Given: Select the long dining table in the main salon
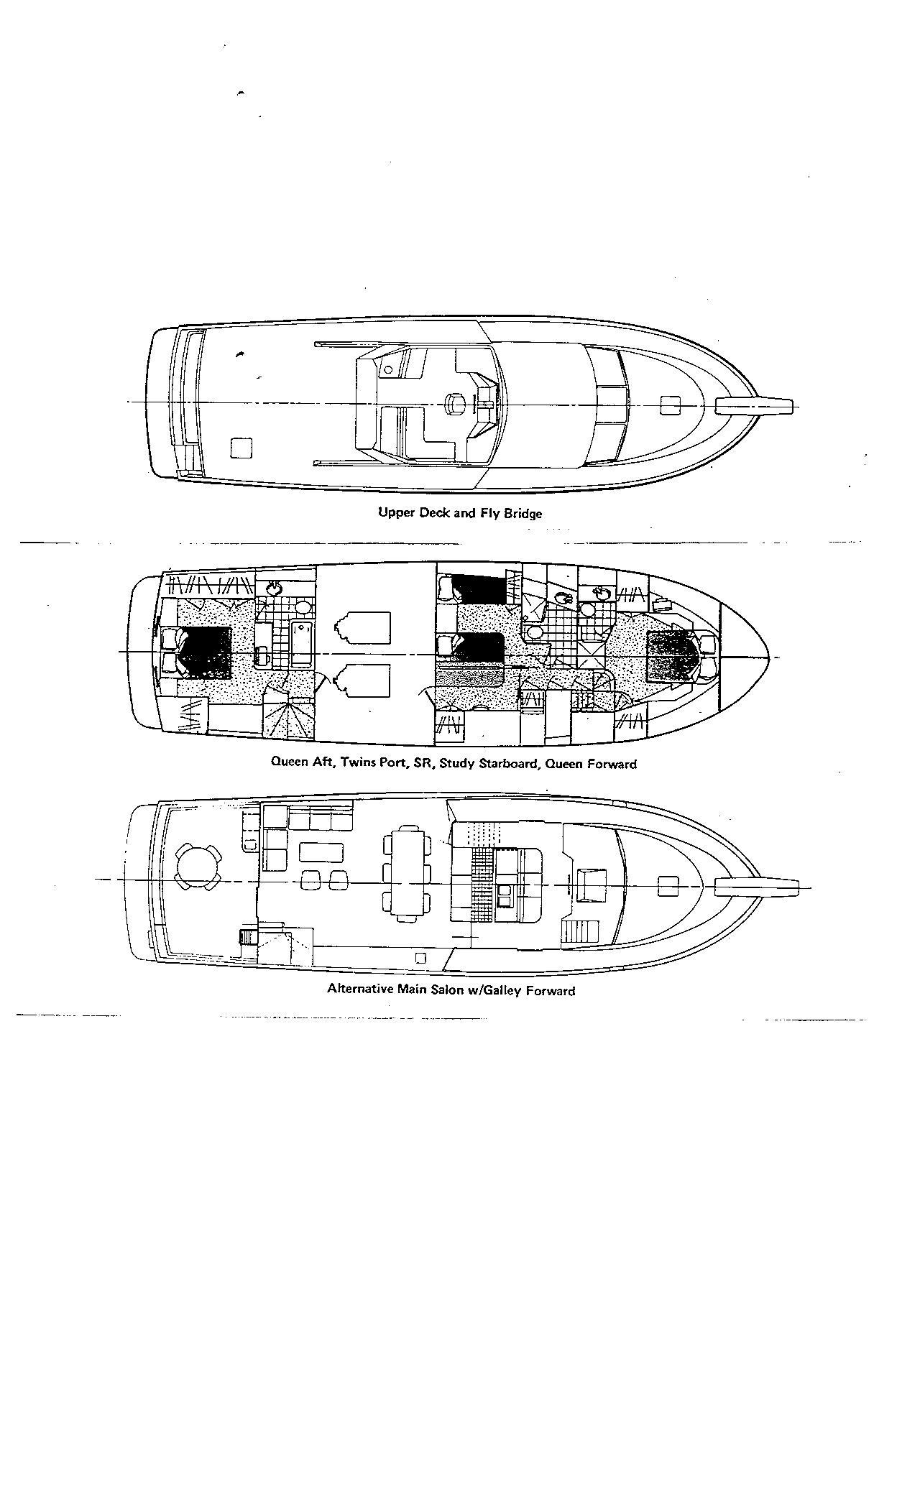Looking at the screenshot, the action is click(407, 874).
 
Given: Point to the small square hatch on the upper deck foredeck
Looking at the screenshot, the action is click(670, 405).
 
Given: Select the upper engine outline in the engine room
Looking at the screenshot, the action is click(362, 628).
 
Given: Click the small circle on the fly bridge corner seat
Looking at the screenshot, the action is click(388, 369).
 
